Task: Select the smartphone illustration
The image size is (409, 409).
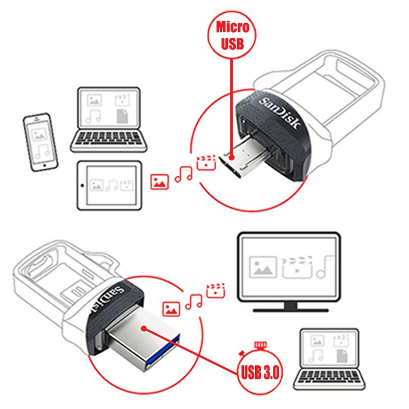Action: [x=40, y=143]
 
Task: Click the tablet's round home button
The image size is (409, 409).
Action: [x=82, y=185]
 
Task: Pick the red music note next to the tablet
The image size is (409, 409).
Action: [x=183, y=174]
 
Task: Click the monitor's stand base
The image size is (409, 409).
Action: [x=290, y=309]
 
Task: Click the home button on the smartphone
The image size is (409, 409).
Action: [x=45, y=166]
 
